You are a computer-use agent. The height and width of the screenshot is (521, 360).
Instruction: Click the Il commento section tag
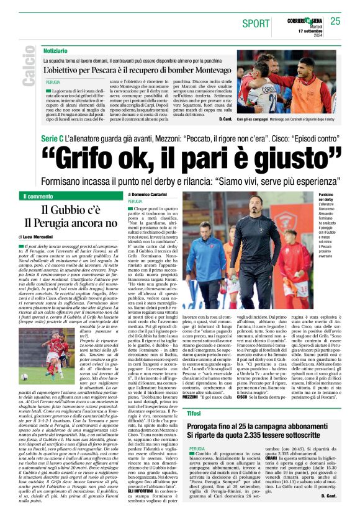point(38,197)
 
